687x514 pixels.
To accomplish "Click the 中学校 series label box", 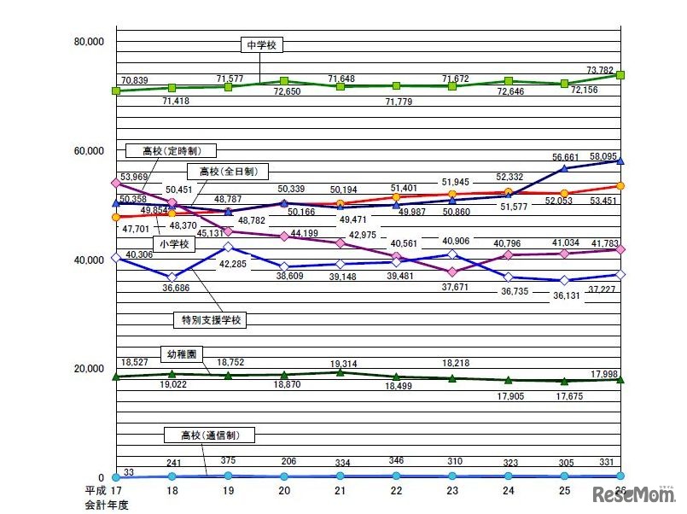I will [261, 45].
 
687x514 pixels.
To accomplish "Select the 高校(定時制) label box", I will [167, 151].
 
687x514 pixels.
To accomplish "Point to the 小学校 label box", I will [177, 243].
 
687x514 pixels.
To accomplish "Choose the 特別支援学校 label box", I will [213, 320].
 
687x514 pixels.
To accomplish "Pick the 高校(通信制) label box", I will [206, 435].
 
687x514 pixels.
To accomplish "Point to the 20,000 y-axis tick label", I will [89, 369].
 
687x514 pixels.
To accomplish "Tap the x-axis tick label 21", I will [341, 493].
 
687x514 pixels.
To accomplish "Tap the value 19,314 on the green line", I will [341, 363].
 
